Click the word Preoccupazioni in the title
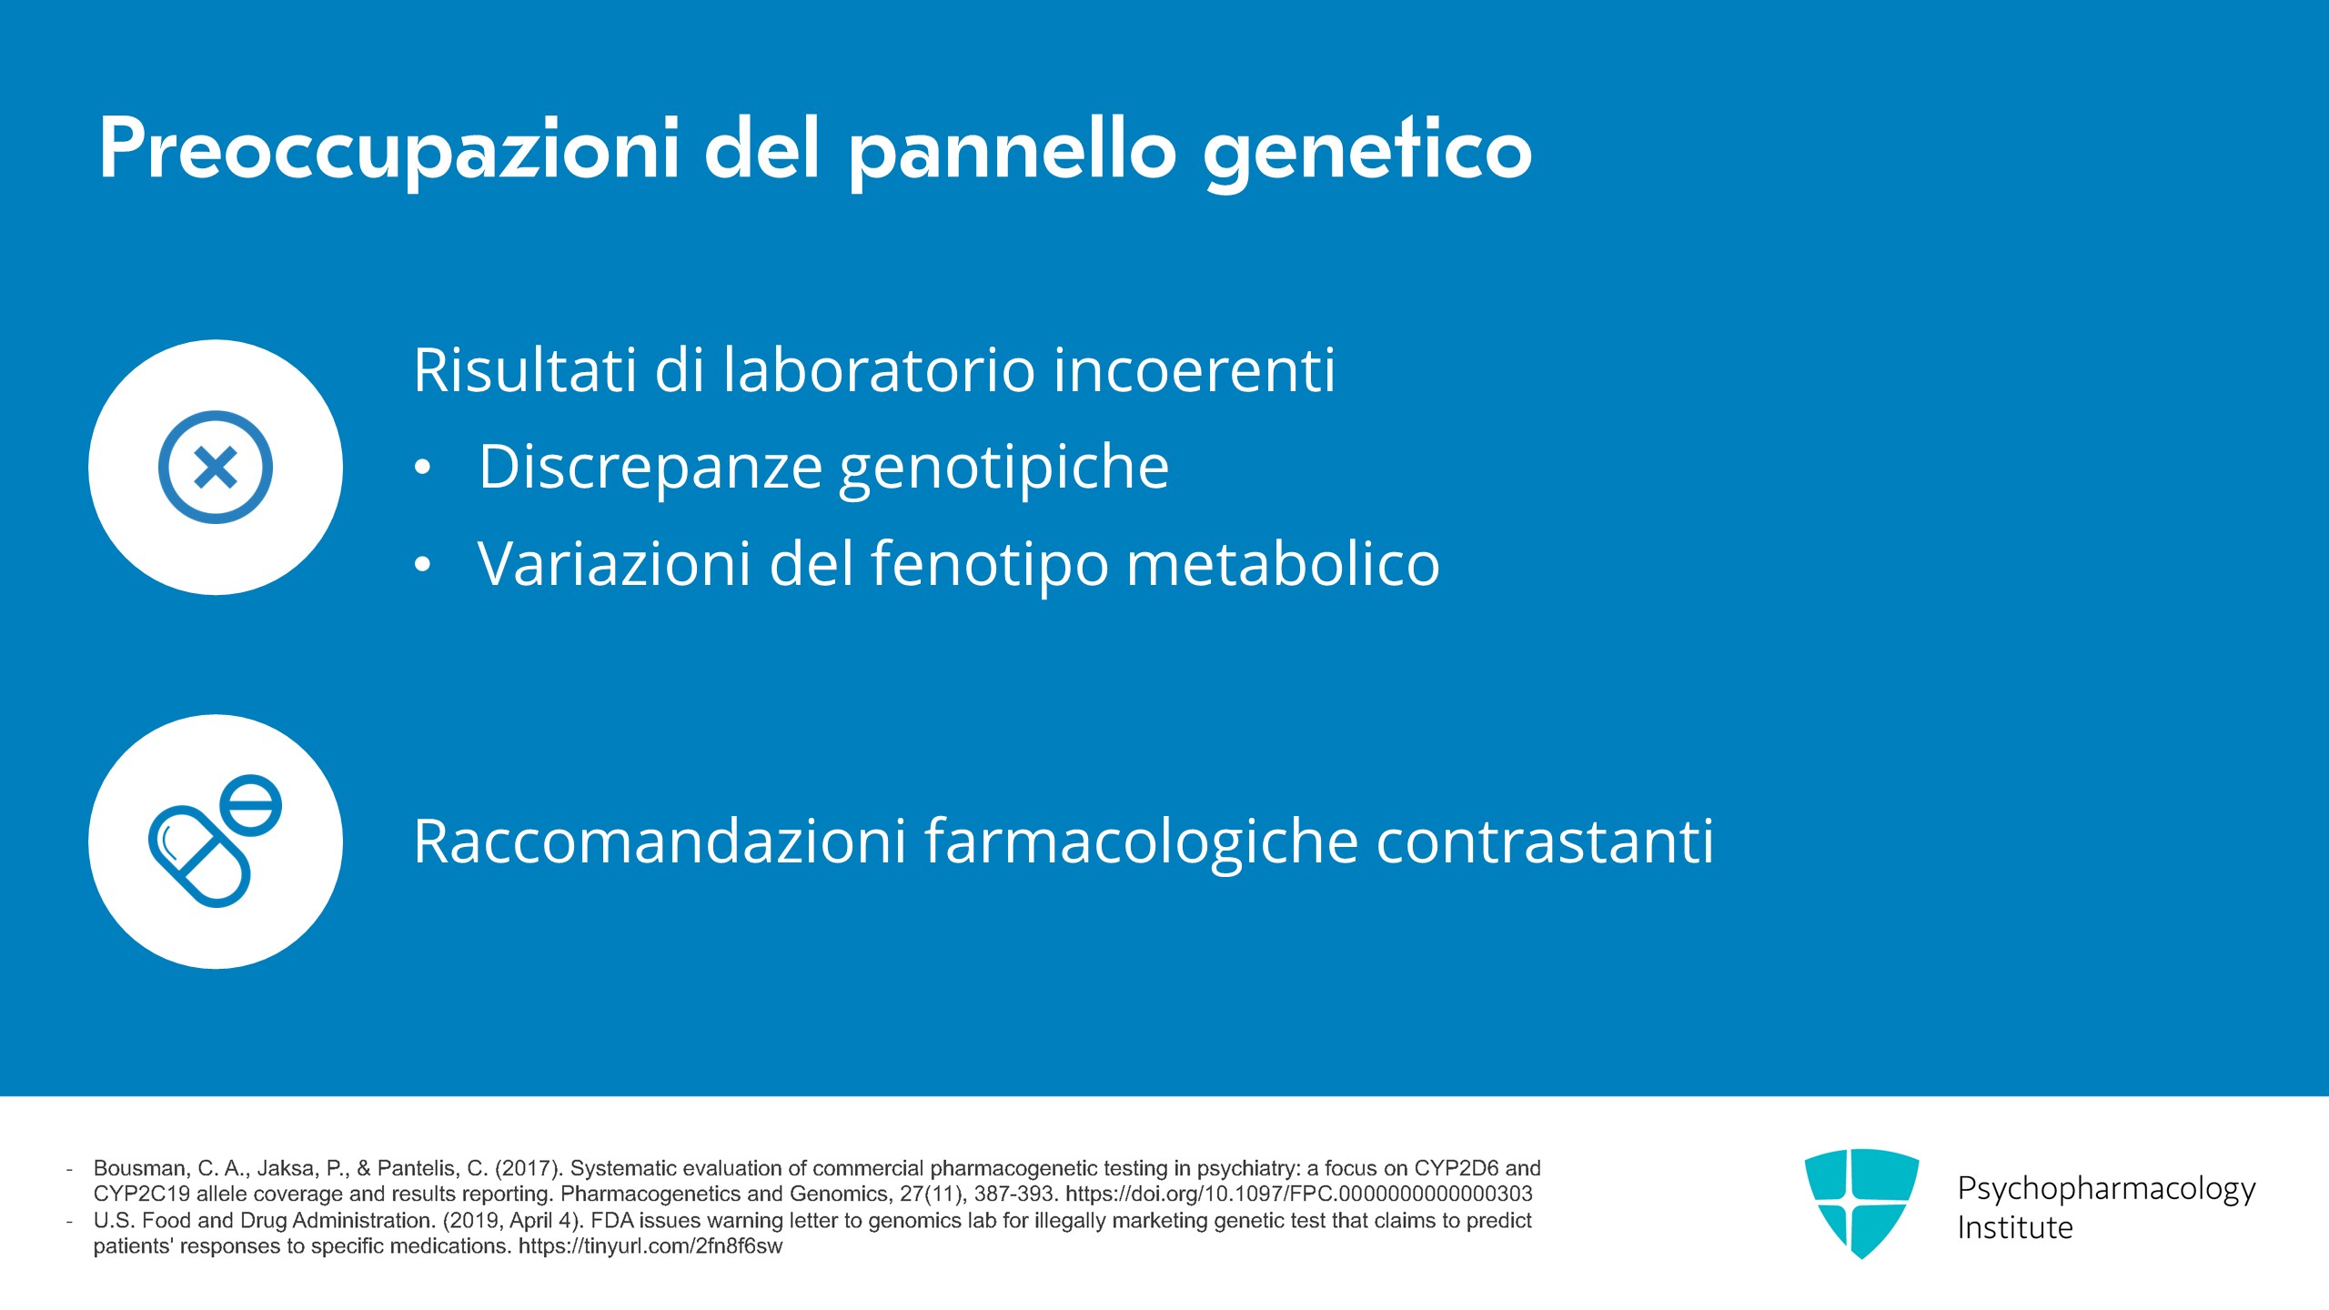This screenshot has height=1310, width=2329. tap(389, 150)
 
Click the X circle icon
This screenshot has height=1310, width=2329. tap(216, 467)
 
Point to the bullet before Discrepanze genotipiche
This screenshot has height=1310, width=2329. tap(422, 468)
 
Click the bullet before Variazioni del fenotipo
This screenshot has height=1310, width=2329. tap(422, 564)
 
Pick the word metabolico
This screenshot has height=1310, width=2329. tap(1283, 564)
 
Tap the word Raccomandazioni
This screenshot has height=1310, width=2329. tap(660, 841)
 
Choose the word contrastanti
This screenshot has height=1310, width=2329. tap(1545, 841)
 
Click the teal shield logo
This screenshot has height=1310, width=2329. tap(1861, 1203)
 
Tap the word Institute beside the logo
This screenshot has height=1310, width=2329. tap(2015, 1227)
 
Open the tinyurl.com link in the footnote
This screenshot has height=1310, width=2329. tap(650, 1245)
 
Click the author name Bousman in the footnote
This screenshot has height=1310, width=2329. tap(140, 1168)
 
